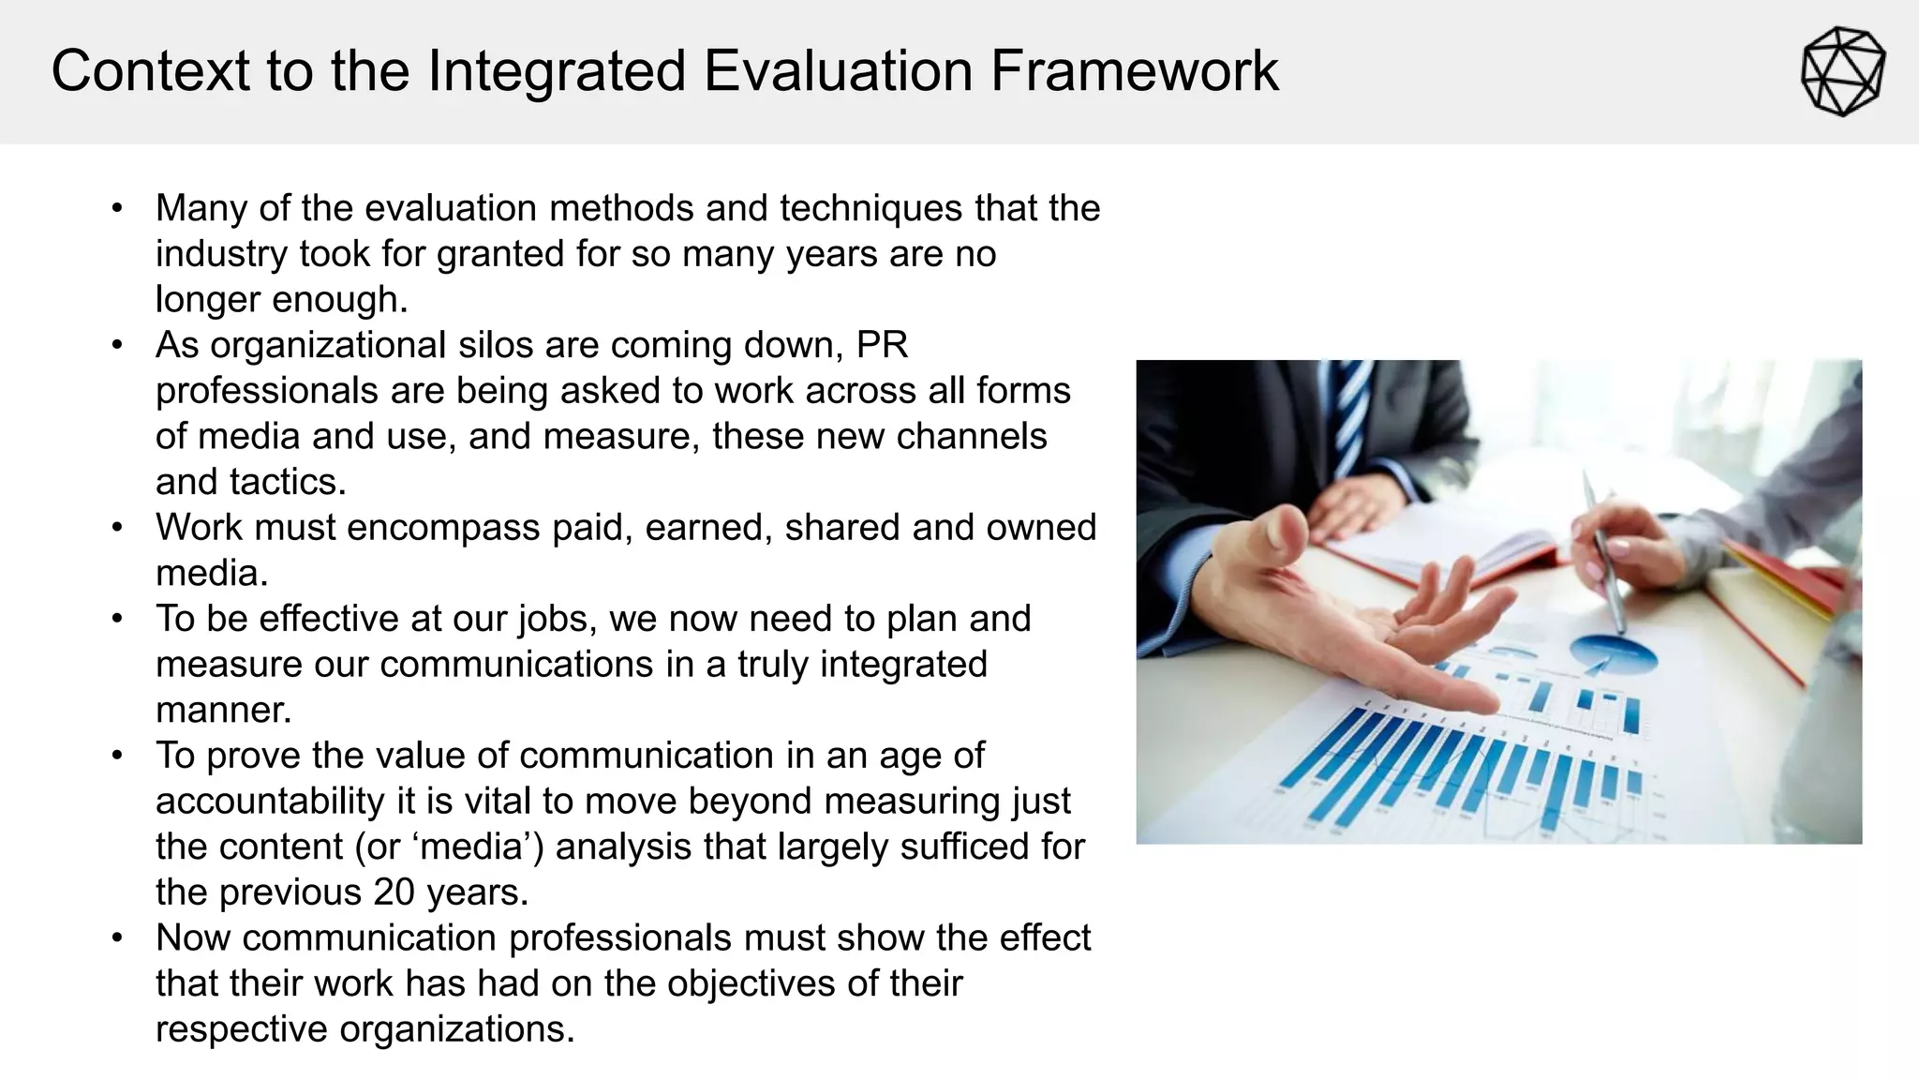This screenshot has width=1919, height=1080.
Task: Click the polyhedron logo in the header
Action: (x=1842, y=72)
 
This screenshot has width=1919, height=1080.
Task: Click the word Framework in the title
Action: (x=1134, y=71)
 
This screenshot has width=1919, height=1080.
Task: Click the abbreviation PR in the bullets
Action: (x=882, y=345)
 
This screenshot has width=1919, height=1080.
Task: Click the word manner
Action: (x=223, y=710)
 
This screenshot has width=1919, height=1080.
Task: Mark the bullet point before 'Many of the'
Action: (x=117, y=208)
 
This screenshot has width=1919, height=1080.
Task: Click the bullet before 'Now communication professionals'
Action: (x=117, y=937)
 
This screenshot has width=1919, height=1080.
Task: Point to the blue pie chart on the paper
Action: (x=1613, y=652)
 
